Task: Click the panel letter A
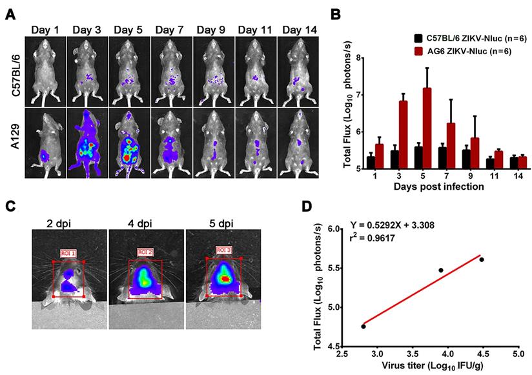click(10, 14)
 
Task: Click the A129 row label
click(13, 143)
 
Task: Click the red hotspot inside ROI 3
click(225, 278)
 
